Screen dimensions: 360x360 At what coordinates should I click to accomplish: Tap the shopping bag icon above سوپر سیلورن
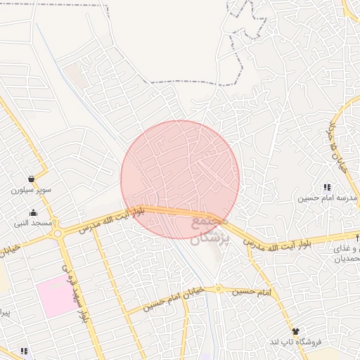[x=32, y=179]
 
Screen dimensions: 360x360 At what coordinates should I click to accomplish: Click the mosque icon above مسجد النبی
[x=33, y=212]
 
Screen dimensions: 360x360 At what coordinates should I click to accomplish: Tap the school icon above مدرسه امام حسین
[x=327, y=187]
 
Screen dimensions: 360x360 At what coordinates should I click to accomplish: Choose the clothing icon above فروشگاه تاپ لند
[x=295, y=331]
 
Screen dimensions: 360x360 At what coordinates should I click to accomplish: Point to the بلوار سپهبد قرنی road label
[x=76, y=290]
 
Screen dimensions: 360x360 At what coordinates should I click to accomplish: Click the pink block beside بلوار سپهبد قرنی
[x=56, y=296]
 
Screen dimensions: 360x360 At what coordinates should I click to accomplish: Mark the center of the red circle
[x=180, y=180]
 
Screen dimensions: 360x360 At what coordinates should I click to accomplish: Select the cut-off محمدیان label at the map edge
[x=348, y=259]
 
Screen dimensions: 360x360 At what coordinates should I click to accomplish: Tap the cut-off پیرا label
[x=6, y=310]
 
